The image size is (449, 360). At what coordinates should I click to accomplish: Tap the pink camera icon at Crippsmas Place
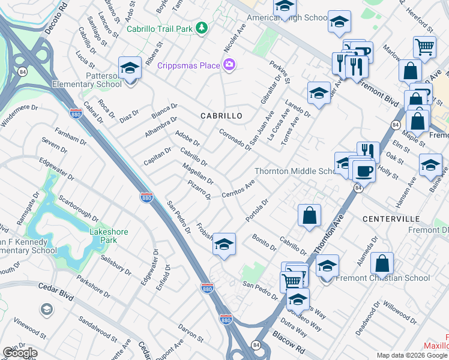229,65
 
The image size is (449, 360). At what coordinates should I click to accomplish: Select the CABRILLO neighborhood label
221,116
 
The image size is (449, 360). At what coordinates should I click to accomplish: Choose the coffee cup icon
364,172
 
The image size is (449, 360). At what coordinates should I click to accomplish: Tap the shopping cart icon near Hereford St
424,47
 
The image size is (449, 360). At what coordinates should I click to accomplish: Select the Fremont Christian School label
391,278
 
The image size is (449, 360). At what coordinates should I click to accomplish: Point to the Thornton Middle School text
297,171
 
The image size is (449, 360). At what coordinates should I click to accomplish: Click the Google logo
20,353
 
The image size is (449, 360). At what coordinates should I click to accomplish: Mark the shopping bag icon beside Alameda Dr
382,262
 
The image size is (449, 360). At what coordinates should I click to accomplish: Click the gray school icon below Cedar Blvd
46,309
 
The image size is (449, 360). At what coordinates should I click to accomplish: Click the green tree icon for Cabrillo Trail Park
203,28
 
